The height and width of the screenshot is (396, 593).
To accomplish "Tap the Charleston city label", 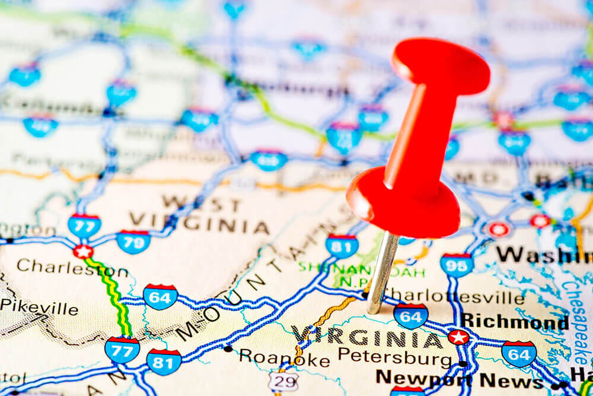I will (72, 268).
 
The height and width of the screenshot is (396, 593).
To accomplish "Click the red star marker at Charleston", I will (83, 251).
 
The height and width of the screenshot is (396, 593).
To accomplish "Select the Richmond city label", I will (514, 322).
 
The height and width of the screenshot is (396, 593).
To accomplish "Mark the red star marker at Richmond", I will (458, 337).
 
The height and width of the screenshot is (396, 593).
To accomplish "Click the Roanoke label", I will (284, 358).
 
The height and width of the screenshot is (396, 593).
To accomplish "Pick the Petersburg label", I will (394, 357).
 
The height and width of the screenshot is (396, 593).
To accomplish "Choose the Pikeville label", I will (39, 308).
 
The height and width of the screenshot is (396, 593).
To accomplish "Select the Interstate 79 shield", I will (133, 241).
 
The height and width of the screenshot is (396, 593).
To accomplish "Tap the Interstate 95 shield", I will (456, 265).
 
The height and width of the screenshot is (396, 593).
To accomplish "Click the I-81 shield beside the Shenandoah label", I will (342, 246).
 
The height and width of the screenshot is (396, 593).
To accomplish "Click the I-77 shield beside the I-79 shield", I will (84, 225).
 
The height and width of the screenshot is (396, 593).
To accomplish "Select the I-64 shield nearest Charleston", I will (160, 296).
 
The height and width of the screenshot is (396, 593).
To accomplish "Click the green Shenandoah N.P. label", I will (362, 273).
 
